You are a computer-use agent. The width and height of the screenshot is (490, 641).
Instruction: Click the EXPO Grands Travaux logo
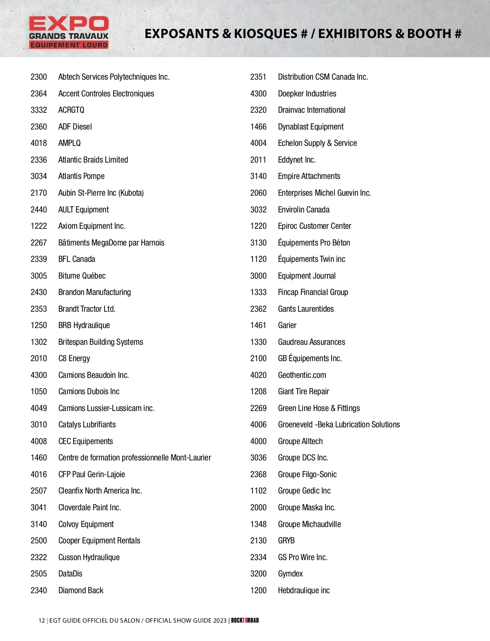coord(69,33)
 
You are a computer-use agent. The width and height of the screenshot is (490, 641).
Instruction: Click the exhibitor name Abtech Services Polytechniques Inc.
coord(114,77)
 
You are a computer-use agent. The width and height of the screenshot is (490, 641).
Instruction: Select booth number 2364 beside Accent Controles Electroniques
coord(39,94)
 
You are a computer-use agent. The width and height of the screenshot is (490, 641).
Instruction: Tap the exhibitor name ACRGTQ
coord(71,110)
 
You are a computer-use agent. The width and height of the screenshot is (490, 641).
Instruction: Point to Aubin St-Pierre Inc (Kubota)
coord(101,193)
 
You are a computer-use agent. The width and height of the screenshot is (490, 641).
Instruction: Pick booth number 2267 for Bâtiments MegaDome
coord(39,243)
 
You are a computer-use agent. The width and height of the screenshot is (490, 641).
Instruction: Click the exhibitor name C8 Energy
coord(74,358)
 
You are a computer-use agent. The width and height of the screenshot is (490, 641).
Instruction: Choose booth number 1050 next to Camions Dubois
coord(39,391)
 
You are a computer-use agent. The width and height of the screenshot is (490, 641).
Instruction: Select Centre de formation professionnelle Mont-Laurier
coord(135,458)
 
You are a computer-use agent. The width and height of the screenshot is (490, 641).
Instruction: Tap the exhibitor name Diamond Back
coord(81,590)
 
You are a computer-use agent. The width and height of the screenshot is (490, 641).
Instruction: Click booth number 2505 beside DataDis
coord(39,574)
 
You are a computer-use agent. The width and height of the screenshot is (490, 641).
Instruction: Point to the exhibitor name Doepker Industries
coord(307,94)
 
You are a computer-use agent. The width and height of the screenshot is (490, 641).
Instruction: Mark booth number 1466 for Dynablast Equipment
coord(258,127)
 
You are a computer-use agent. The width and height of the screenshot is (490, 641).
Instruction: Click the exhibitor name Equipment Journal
coord(307,276)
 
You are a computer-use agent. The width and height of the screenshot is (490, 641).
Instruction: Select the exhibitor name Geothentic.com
coord(302,375)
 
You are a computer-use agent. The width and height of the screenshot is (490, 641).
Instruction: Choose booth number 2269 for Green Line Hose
coord(258,408)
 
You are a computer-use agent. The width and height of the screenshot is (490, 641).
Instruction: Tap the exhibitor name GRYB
coord(286,540)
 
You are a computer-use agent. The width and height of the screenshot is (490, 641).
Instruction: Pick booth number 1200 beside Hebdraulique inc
coord(258,590)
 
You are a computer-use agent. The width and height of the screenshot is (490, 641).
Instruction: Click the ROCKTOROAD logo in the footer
coord(245,620)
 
